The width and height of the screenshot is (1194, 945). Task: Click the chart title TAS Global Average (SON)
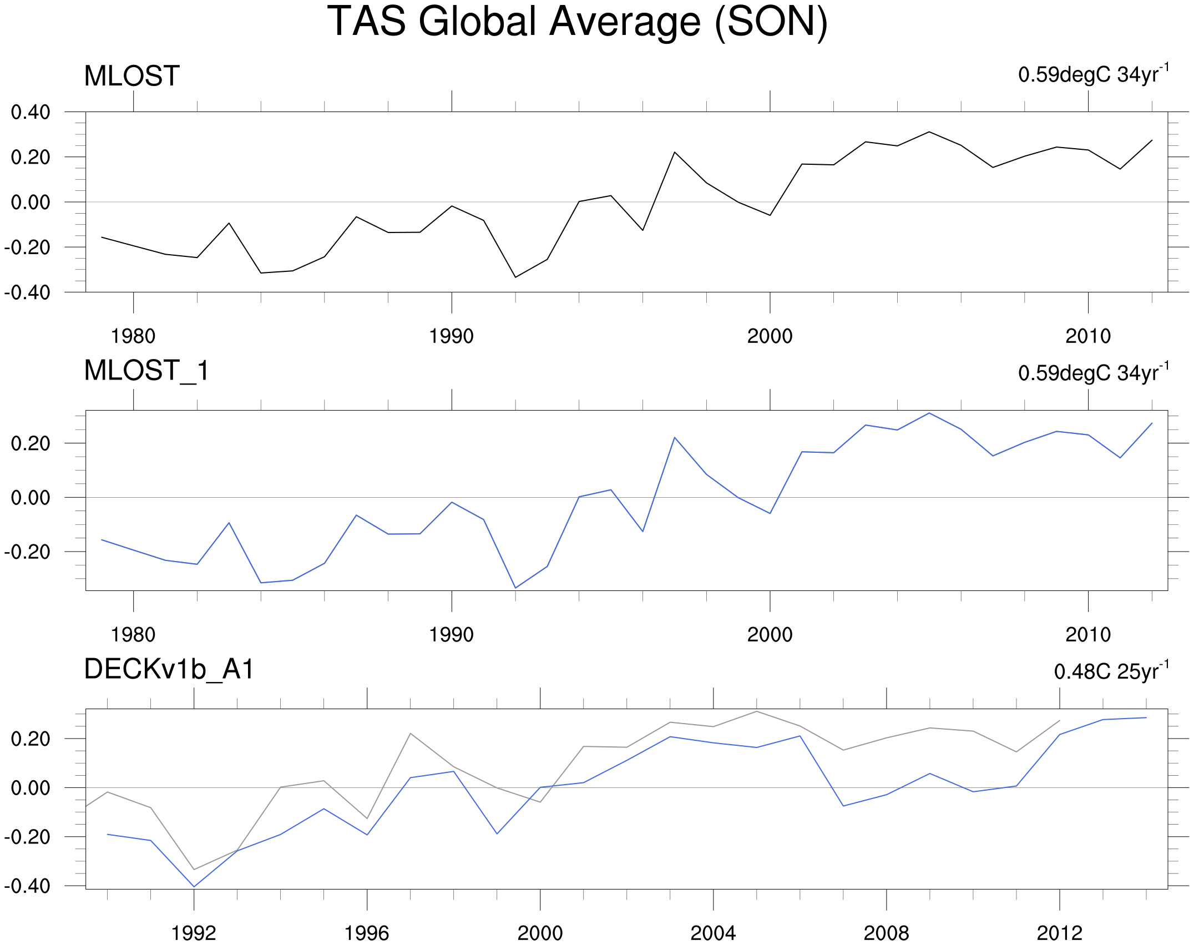[577, 22]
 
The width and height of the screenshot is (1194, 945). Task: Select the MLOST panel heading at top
[131, 76]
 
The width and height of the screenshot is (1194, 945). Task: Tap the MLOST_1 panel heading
[146, 371]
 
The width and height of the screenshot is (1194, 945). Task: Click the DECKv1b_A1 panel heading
[169, 669]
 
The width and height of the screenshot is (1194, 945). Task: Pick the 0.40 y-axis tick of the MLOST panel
[31, 112]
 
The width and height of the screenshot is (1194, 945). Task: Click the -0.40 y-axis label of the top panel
[27, 292]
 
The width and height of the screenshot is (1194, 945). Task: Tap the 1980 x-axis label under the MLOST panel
[133, 336]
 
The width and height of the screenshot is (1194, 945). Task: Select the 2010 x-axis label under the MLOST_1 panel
[1088, 635]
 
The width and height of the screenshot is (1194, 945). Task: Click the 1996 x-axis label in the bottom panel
[367, 933]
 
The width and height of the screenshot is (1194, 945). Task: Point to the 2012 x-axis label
[1059, 933]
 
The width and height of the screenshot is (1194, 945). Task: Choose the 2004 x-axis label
[713, 933]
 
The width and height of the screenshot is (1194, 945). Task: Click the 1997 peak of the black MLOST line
[675, 152]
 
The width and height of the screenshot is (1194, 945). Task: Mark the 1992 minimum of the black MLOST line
[515, 277]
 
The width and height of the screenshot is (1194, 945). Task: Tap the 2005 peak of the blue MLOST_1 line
[929, 413]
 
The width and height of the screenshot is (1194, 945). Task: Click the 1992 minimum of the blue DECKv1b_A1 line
[194, 887]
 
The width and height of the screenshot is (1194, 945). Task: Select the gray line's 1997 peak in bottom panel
[410, 734]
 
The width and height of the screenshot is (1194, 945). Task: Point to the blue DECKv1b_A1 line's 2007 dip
[843, 806]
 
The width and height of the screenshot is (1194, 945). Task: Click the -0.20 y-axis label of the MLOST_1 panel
[27, 552]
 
